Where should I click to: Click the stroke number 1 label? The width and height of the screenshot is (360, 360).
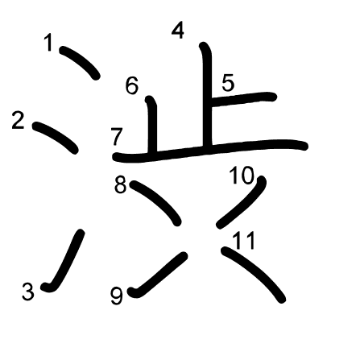pos(48,42)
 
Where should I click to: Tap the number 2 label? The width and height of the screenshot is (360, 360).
pos(19,121)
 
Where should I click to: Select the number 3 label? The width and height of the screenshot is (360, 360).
pos(28,292)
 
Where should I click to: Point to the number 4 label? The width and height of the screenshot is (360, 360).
pos(178,31)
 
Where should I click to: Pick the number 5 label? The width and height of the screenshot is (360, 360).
pos(228,83)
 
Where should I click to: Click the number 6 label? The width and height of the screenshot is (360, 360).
pos(132,85)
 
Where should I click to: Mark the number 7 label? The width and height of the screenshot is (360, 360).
pos(117,137)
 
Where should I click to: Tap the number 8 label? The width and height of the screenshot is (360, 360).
pos(120,184)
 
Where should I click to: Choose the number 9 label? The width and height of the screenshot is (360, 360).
pos(117,296)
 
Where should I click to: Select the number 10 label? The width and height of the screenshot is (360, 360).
pos(242,176)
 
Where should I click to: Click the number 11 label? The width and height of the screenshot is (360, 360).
pos(244,241)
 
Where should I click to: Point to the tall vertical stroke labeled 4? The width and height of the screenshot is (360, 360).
pos(207,94)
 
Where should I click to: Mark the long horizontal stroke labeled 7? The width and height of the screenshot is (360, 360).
pos(210,150)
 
